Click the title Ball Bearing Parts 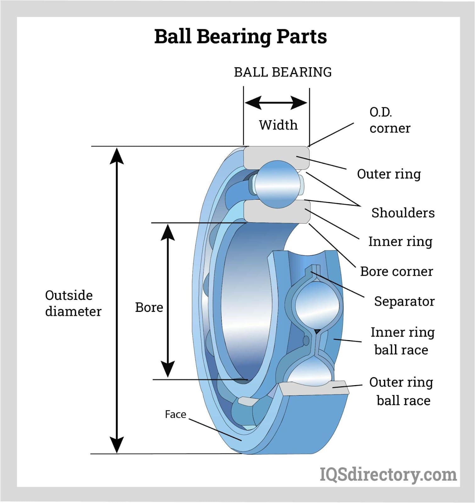[240, 37]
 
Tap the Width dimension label [278, 125]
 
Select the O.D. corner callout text [389, 120]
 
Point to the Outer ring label [389, 174]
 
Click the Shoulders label [403, 213]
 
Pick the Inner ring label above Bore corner [400, 242]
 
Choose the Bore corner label [396, 271]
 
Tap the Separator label [404, 301]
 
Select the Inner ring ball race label [402, 341]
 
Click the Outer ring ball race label [401, 391]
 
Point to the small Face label [176, 414]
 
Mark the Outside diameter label [73, 303]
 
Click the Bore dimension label [149, 307]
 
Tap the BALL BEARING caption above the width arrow [282, 72]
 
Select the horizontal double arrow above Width [276, 102]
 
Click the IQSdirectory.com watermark [388, 474]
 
